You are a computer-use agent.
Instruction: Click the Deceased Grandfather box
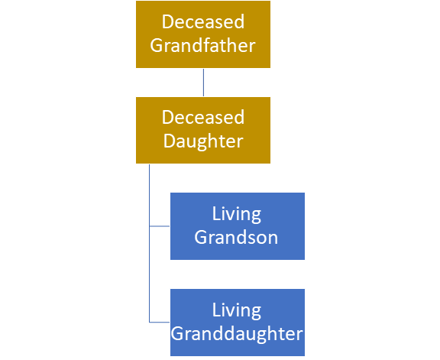pyautogui.click(x=203, y=34)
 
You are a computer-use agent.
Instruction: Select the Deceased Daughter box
pyautogui.click(x=203, y=130)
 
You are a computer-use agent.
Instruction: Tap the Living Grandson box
pyautogui.click(x=238, y=226)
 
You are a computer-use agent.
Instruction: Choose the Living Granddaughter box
pyautogui.click(x=238, y=323)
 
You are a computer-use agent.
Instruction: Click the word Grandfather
pyautogui.click(x=203, y=46)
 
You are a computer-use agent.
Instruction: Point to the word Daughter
pyautogui.click(x=203, y=141)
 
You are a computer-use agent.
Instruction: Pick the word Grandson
pyautogui.click(x=236, y=238)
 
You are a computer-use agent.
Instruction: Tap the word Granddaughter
pyautogui.click(x=237, y=334)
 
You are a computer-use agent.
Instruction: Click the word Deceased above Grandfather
pyautogui.click(x=203, y=22)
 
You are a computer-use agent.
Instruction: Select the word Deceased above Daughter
pyautogui.click(x=203, y=118)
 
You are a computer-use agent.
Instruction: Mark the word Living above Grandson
pyautogui.click(x=237, y=215)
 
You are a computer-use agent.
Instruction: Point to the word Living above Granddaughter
pyautogui.click(x=237, y=311)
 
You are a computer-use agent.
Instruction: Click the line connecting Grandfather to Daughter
pyautogui.click(x=203, y=83)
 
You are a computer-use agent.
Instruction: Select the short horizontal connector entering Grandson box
pyautogui.click(x=160, y=226)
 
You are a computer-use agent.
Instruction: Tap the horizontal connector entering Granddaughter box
pyautogui.click(x=160, y=322)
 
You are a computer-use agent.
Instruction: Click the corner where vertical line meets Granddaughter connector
pyautogui.click(x=149, y=322)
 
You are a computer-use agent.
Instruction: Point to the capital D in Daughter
pyautogui.click(x=170, y=141)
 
